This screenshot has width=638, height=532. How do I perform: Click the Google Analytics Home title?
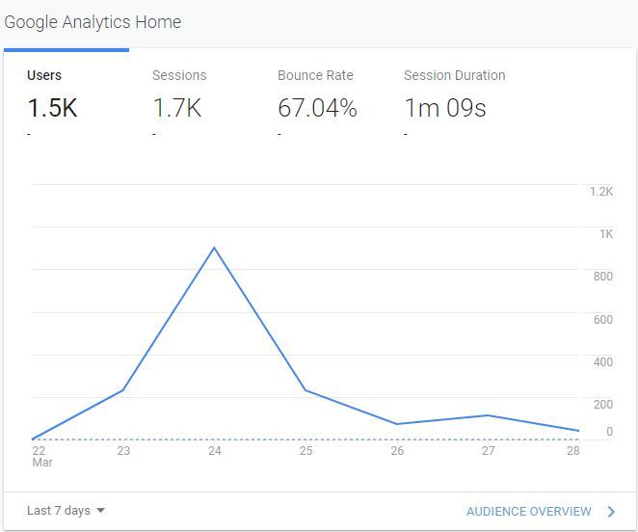[93, 22]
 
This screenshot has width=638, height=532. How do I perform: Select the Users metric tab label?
[44, 75]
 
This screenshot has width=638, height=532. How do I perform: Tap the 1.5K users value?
[52, 108]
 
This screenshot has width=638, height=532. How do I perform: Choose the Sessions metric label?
[179, 75]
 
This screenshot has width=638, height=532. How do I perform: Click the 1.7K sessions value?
[177, 108]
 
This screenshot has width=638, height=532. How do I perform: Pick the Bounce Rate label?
[315, 75]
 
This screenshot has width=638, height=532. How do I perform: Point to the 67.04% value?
[317, 108]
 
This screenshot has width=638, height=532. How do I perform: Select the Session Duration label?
[454, 75]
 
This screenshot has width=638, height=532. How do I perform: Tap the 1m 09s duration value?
[444, 108]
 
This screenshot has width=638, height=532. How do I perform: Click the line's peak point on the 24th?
[214, 248]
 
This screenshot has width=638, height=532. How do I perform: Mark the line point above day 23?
[123, 389]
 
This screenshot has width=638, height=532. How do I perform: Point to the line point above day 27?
[489, 415]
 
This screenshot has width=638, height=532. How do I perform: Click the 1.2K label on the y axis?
[601, 192]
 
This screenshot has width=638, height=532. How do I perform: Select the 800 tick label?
[602, 277]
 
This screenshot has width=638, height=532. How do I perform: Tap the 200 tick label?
[602, 405]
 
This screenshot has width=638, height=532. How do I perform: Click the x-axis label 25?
[306, 450]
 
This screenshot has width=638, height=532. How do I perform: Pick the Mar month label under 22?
[41, 463]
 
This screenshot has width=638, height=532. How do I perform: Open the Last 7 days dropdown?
[66, 511]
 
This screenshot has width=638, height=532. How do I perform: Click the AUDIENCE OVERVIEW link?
[528, 512]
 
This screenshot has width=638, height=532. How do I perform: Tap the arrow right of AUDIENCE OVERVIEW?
[611, 512]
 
